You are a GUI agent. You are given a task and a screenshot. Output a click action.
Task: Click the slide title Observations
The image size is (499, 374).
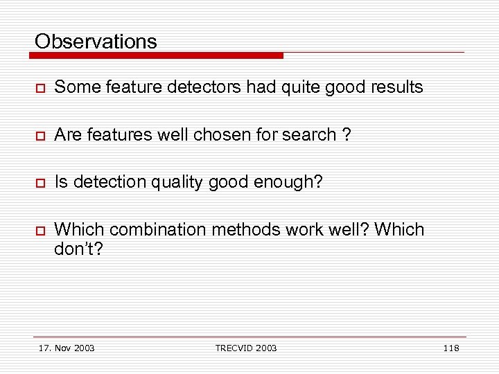tap(96, 42)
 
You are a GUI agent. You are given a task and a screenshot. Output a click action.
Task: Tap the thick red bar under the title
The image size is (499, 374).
tap(159, 55)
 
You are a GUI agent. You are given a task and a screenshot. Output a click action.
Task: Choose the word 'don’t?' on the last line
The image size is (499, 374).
tap(78, 249)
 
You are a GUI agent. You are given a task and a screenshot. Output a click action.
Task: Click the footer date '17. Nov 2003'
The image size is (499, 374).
tap(67, 348)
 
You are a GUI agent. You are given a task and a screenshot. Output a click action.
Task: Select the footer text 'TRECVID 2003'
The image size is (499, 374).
tap(245, 348)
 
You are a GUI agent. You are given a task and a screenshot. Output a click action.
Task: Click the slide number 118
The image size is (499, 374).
tap(450, 348)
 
